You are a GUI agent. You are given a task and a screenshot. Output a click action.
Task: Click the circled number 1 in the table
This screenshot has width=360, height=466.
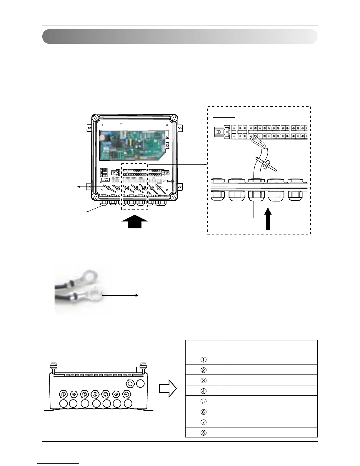tap(203, 359)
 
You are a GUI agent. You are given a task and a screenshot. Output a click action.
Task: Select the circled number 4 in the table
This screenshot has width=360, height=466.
tap(203, 391)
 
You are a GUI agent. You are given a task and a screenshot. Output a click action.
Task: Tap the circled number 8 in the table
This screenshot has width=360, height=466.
tap(203, 433)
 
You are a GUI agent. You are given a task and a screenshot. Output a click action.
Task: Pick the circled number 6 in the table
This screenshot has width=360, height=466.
tap(203, 412)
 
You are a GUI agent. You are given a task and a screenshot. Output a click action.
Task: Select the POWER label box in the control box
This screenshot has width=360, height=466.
tap(105, 179)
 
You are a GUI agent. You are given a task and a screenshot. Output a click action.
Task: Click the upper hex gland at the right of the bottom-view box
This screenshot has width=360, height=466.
tap(130, 383)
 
